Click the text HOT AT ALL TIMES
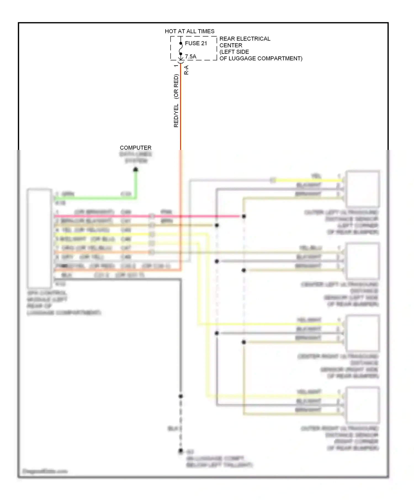[x=189, y=31]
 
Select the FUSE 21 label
[x=196, y=43]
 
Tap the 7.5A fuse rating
[x=190, y=57]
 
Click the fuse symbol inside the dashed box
[x=181, y=49]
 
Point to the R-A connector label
[x=186, y=70]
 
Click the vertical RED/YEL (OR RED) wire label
[x=176, y=101]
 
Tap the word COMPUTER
[x=136, y=148]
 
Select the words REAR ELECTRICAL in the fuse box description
[x=245, y=39]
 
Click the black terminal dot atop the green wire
[x=136, y=170]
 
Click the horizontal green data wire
[x=94, y=198]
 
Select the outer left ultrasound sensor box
[x=363, y=189]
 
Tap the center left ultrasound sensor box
[x=363, y=261]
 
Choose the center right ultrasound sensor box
[x=363, y=333]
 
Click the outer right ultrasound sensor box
[x=363, y=405]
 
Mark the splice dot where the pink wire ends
[x=244, y=216]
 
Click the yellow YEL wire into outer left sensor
[x=306, y=181]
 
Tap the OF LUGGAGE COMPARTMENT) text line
[x=261, y=58]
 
